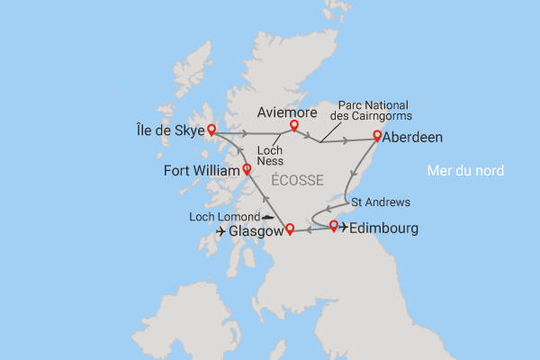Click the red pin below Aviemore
pyautogui.click(x=293, y=126)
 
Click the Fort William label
pyautogui.click(x=202, y=170)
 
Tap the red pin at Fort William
pyautogui.click(x=247, y=169)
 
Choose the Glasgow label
pyautogui.click(x=256, y=231)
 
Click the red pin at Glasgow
pyautogui.click(x=290, y=229)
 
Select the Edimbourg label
pyautogui.click(x=384, y=229)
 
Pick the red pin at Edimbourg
pyautogui.click(x=333, y=225)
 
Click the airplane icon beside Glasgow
pyautogui.click(x=221, y=231)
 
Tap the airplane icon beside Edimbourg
pyautogui.click(x=344, y=228)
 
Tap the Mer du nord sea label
pyautogui.click(x=464, y=170)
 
